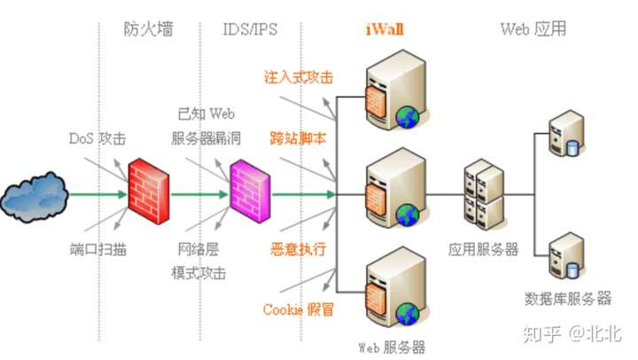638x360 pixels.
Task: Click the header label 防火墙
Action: pyautogui.click(x=147, y=29)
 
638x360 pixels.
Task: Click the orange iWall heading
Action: pyautogui.click(x=385, y=29)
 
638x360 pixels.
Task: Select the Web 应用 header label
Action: pyautogui.click(x=533, y=29)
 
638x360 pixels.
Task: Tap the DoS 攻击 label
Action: pyautogui.click(x=97, y=139)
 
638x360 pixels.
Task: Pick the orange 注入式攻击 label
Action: pyautogui.click(x=299, y=77)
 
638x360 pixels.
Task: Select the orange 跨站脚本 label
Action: pyautogui.click(x=299, y=139)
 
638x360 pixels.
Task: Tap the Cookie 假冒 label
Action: pyautogui.click(x=299, y=309)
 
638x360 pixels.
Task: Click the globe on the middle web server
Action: pyautogui.click(x=407, y=213)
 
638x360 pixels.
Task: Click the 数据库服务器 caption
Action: pyautogui.click(x=568, y=296)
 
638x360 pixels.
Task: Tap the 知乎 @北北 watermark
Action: pyautogui.click(x=572, y=333)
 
